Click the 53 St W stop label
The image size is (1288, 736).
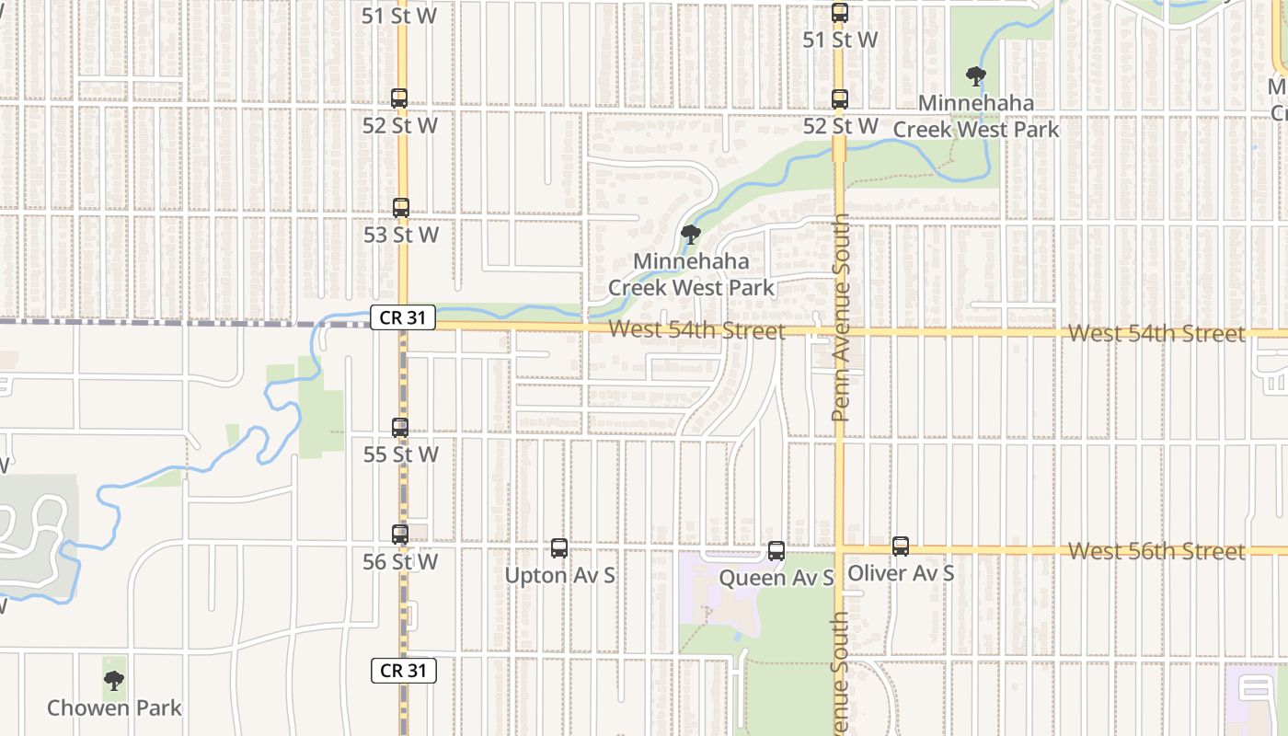click(x=400, y=235)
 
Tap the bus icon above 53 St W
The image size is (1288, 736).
click(x=401, y=208)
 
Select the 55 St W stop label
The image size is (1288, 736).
click(x=400, y=454)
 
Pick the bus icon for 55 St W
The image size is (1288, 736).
click(x=400, y=428)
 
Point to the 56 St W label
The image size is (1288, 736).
click(x=400, y=561)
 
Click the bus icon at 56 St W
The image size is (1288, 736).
click(x=400, y=535)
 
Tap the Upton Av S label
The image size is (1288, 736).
click(x=559, y=576)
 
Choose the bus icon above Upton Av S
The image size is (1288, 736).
click(x=559, y=548)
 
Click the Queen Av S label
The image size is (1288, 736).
click(x=776, y=578)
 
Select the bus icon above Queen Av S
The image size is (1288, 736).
click(x=776, y=551)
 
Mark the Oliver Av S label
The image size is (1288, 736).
click(x=900, y=573)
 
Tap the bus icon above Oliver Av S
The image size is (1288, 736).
click(x=901, y=546)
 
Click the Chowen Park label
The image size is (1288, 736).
click(x=114, y=707)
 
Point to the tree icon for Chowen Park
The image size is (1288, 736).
click(x=114, y=681)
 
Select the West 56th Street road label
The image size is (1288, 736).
click(x=1156, y=551)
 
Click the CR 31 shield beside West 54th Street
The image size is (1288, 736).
click(x=403, y=317)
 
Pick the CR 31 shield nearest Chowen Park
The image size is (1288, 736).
click(x=403, y=670)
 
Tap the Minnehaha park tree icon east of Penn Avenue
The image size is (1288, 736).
click(x=976, y=76)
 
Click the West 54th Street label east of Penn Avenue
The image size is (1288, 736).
click(x=1156, y=333)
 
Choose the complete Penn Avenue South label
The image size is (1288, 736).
click(x=840, y=318)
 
